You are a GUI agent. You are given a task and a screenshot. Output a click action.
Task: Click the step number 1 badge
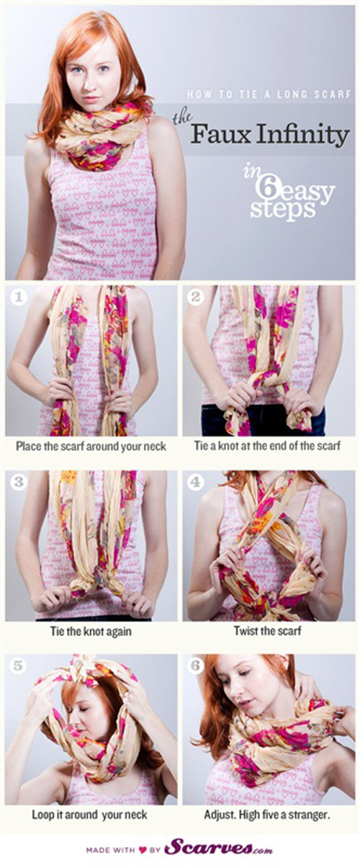(18, 297)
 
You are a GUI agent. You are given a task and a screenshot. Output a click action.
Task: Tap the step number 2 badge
(195, 297)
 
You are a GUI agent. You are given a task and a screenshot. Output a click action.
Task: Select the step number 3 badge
(18, 483)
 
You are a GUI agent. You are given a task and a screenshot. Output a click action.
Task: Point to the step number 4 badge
(195, 483)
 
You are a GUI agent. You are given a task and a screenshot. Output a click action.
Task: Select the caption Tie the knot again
(91, 631)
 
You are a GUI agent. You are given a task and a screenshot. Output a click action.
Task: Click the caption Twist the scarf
(267, 631)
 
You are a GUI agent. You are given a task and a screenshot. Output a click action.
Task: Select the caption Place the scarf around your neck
(91, 447)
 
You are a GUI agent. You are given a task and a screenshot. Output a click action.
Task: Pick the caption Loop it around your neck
(89, 815)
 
